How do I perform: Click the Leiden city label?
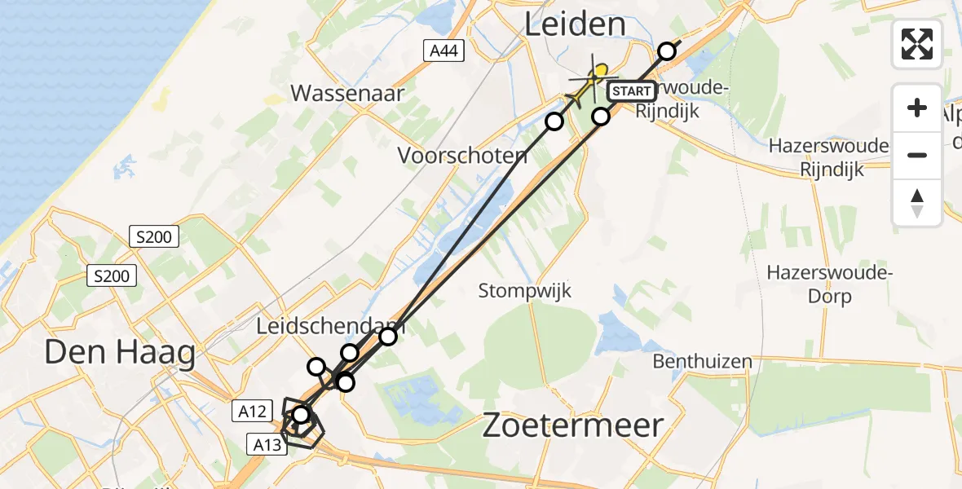[x=575, y=24]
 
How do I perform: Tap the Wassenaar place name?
[x=347, y=93]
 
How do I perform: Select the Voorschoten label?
[x=462, y=155]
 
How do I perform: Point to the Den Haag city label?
[x=119, y=353]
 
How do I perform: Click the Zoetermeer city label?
[x=573, y=425]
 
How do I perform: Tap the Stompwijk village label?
[x=525, y=290]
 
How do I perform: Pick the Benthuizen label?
[x=702, y=360]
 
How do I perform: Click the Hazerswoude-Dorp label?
[x=830, y=284]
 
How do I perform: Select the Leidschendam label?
[x=330, y=327]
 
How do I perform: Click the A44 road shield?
[x=446, y=51]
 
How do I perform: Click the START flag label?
[x=631, y=91]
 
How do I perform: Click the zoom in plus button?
[x=917, y=108]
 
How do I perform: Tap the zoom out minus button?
[x=917, y=155]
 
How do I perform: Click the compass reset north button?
[x=917, y=201]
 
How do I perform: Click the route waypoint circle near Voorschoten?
[x=554, y=121]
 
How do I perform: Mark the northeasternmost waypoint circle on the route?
[x=667, y=51]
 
